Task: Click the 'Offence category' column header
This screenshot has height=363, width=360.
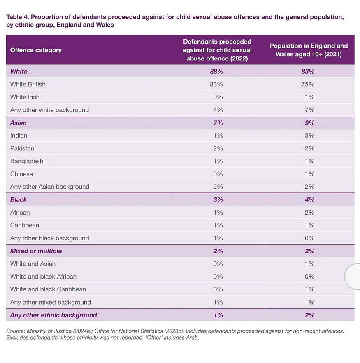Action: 36,50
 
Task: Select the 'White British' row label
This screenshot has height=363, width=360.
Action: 28,84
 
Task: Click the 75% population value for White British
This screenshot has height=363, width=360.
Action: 308,84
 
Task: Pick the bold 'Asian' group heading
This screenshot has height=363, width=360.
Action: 19,123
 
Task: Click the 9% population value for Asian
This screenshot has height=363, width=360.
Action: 309,123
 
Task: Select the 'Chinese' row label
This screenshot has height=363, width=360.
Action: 21,174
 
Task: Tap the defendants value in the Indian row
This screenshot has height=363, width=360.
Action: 218,136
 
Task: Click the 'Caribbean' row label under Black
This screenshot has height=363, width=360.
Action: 25,225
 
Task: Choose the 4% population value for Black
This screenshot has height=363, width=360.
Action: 309,199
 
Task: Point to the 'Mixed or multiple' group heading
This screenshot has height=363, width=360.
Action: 36,251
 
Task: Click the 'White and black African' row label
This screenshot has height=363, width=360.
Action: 43,277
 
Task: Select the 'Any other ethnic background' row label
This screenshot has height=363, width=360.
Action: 53,315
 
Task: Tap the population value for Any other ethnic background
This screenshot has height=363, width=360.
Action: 309,315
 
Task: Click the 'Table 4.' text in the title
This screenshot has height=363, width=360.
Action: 17,17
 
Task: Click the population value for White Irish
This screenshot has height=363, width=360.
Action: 309,97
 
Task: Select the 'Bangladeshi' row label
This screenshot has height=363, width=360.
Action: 28,161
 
